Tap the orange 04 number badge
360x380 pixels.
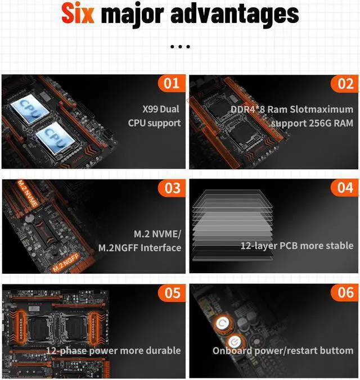345,188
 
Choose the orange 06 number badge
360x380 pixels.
345,292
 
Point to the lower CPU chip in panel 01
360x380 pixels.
56,137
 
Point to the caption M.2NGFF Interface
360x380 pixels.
139,247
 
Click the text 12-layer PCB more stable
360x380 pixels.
297,246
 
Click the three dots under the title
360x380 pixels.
179,47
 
